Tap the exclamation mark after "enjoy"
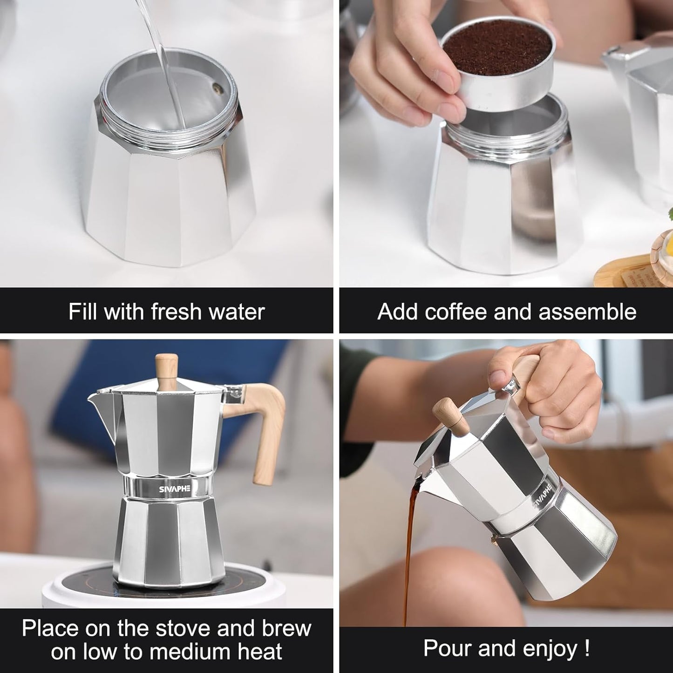click(x=586, y=648)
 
